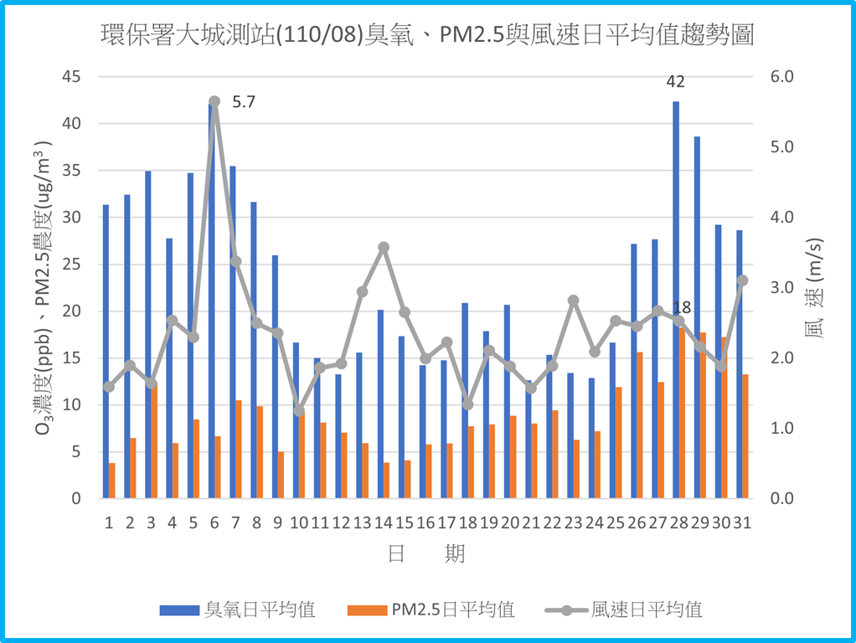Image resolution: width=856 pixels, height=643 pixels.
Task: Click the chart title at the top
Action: click(x=427, y=35)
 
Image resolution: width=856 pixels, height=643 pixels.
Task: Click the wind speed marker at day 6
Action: click(x=214, y=101)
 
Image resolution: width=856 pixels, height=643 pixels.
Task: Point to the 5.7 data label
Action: click(x=243, y=103)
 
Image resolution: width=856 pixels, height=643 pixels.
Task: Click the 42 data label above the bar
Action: click(x=675, y=82)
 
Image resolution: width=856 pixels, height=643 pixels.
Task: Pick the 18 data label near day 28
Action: click(x=682, y=307)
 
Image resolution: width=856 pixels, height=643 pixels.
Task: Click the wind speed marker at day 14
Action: click(x=384, y=248)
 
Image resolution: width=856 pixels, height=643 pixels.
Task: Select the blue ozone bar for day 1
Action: click(x=106, y=352)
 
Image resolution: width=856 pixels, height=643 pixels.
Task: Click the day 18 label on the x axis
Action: click(x=467, y=523)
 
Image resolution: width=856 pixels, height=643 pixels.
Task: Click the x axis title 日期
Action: click(x=426, y=553)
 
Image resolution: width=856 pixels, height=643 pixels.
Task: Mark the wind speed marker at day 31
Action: click(x=742, y=280)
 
